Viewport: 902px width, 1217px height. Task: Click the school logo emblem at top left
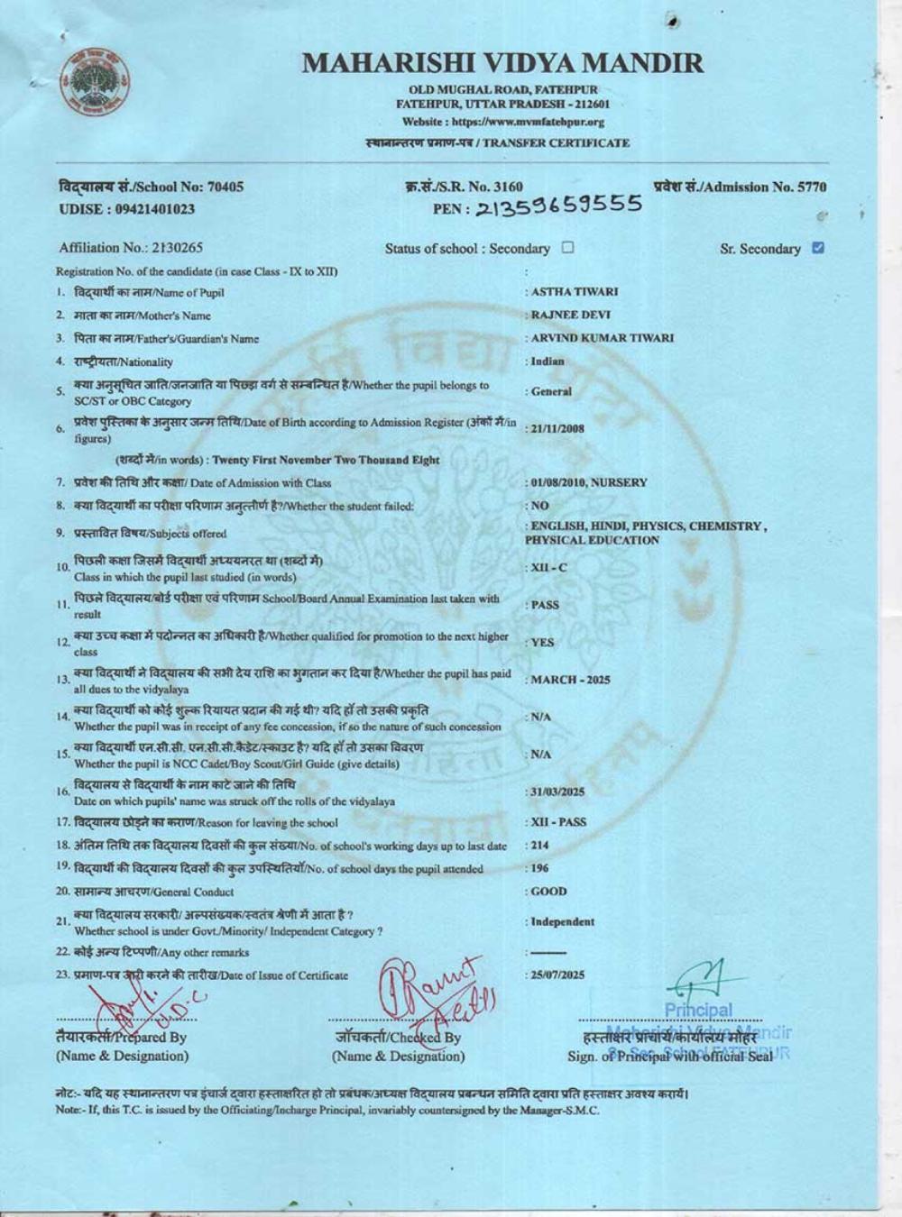[x=96, y=84]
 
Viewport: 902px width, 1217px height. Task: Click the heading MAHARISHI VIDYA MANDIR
[x=502, y=63]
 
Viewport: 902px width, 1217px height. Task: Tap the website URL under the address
[x=502, y=122]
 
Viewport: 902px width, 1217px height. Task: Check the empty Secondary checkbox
[x=567, y=248]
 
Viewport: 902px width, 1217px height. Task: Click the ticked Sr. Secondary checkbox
[x=817, y=248]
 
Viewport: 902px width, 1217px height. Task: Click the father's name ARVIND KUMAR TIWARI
[x=602, y=338]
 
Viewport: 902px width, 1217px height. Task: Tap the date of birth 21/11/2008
[x=557, y=428]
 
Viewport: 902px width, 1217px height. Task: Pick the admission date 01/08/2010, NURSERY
[x=588, y=482]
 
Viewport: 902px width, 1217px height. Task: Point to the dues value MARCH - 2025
[x=570, y=680]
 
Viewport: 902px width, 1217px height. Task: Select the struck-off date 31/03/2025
[x=557, y=792]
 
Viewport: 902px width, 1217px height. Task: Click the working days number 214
[x=539, y=846]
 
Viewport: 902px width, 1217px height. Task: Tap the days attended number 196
[x=539, y=869]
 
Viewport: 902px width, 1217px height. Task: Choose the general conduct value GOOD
[x=548, y=892]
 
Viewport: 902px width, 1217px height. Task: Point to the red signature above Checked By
[x=436, y=992]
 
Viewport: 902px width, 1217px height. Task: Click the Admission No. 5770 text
[x=740, y=188]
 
